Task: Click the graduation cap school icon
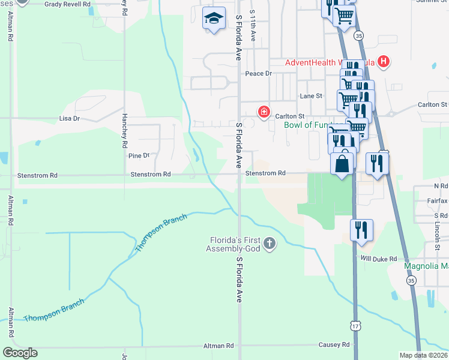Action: pyautogui.click(x=214, y=19)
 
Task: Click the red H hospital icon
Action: pyautogui.click(x=384, y=62)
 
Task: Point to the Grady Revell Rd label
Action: pyautogui.click(x=67, y=4)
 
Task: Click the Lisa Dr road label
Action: pyautogui.click(x=70, y=119)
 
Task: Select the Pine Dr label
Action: pyautogui.click(x=138, y=155)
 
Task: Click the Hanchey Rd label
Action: pyautogui.click(x=125, y=131)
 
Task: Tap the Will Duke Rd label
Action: pyautogui.click(x=379, y=259)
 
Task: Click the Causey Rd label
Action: pyautogui.click(x=337, y=345)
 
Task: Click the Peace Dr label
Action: pyautogui.click(x=258, y=73)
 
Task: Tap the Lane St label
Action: pyautogui.click(x=311, y=96)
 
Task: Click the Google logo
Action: pyautogui.click(x=20, y=353)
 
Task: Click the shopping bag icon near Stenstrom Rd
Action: pyautogui.click(x=342, y=163)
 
